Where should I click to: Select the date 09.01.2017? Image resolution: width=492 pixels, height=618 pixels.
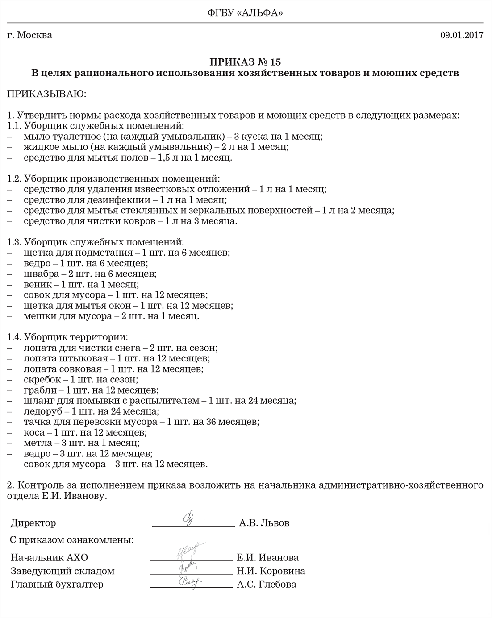pos(462,36)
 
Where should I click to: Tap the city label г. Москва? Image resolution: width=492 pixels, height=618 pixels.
pos(30,35)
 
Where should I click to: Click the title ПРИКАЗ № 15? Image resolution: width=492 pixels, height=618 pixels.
pos(245,62)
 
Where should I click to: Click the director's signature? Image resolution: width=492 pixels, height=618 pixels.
pos(188,519)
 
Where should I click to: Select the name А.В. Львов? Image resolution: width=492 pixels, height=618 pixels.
pos(264,523)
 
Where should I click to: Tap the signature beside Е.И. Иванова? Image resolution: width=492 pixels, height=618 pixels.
pos(190,552)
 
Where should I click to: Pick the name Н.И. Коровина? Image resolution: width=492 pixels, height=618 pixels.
pos(271,571)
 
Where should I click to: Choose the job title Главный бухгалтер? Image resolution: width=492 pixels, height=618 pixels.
pos(57,585)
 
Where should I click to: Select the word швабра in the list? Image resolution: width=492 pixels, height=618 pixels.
pos(41,274)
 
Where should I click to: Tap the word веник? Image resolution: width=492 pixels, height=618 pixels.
pos(38,284)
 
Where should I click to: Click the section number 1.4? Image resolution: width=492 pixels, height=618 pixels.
pos(14,337)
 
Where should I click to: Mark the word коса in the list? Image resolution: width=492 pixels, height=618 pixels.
pos(34,432)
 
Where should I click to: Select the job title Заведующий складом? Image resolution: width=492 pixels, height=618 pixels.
pos(63,571)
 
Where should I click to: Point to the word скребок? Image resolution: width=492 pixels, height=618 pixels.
pos(42,380)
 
